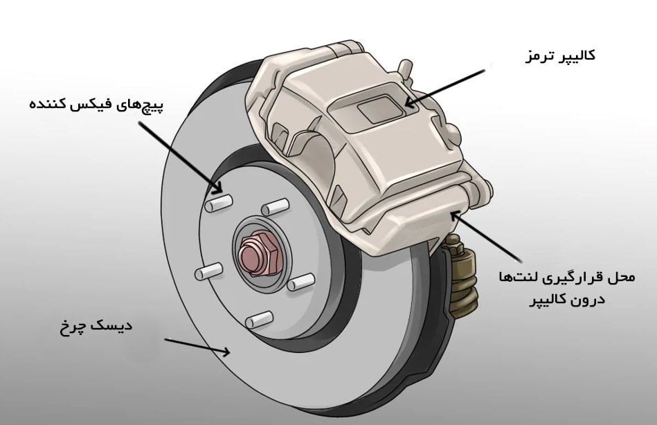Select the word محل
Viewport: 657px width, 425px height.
620,278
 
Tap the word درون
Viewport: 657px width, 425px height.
590,300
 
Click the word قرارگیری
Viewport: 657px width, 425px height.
570,278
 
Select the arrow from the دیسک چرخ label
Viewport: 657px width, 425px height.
197,346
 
